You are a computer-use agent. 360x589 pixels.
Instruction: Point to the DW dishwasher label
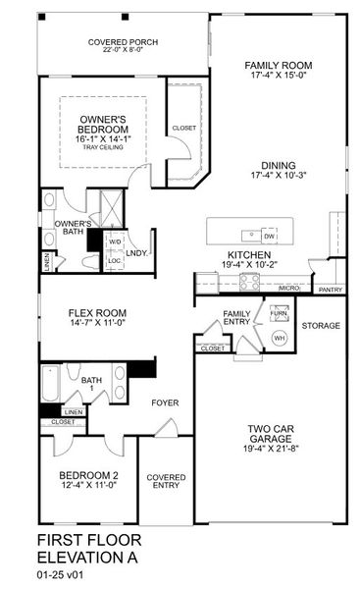tap(269, 237)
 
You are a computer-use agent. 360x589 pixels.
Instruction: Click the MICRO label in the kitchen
tap(288, 289)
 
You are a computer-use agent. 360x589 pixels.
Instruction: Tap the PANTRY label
tap(330, 290)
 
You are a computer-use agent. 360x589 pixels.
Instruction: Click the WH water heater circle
tap(278, 338)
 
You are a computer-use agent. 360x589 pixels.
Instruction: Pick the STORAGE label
tap(321, 325)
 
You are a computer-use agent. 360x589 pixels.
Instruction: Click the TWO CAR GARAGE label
tap(268, 435)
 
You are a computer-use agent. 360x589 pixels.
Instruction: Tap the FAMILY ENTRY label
tap(236, 318)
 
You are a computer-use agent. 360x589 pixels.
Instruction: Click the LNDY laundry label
tap(136, 253)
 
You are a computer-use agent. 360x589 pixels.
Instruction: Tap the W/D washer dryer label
tap(115, 241)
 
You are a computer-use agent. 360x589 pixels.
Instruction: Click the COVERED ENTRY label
tap(166, 482)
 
